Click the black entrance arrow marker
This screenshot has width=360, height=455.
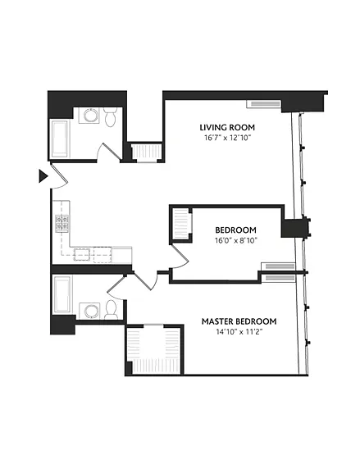43,176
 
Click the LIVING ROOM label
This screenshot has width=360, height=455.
227,127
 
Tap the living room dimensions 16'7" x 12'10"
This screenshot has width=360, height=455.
227,138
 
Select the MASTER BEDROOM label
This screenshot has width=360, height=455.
239,321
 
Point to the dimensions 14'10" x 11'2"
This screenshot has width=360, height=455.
239,332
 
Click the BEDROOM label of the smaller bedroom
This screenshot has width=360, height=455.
235,230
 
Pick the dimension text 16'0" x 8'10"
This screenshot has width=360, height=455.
235,240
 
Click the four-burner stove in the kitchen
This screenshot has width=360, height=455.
62,224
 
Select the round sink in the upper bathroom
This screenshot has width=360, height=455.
89,116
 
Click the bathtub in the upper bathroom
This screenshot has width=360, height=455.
60,139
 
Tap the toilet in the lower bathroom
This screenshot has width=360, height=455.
111,310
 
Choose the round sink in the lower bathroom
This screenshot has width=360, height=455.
89,312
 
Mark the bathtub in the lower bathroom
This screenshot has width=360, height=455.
62,294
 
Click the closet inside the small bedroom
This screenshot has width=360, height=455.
180,224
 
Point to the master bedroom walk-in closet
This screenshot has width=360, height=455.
154,350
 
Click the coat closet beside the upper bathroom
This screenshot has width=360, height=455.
146,151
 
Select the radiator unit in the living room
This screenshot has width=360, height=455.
264,104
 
